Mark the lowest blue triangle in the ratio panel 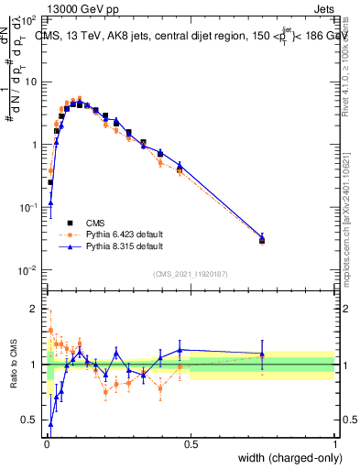pyautogui.click(x=50, y=424)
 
